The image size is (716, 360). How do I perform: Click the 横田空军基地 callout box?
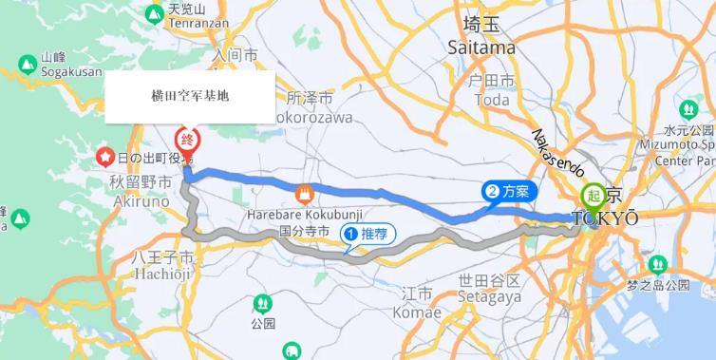[x=189, y=97]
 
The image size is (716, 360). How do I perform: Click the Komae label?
[x=418, y=311]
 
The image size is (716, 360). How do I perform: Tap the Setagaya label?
[x=489, y=295]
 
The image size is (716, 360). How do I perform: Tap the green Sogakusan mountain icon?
[x=28, y=66]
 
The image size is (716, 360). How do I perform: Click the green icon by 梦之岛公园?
[x=654, y=262]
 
